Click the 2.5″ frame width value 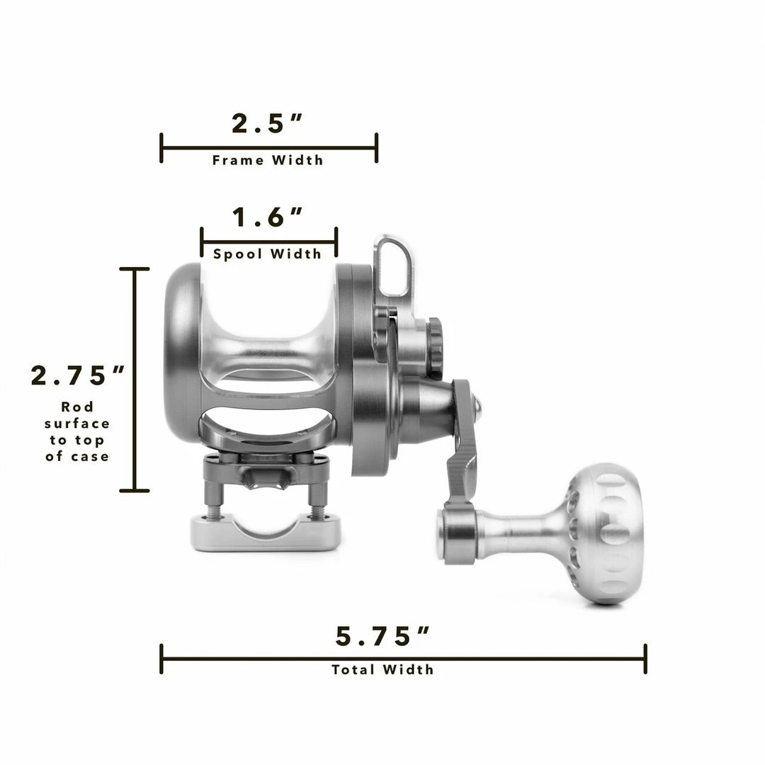tap(267, 124)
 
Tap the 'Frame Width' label tap(268, 161)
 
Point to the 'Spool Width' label tap(268, 254)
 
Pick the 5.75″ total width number tap(383, 637)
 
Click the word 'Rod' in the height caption tap(77, 407)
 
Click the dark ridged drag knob tap(433, 347)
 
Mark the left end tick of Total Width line tap(161, 659)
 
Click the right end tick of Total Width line tap(645, 659)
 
